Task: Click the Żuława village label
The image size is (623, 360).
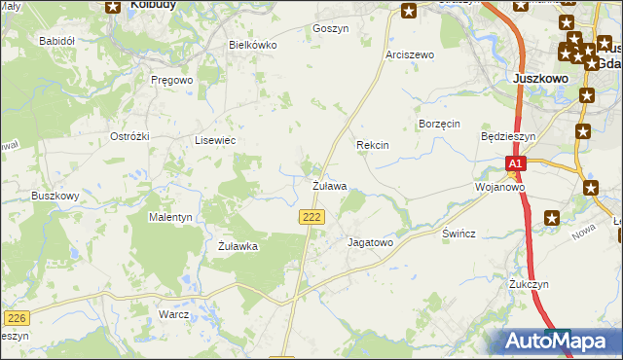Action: tap(329, 185)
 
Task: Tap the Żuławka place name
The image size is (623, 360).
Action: tap(238, 246)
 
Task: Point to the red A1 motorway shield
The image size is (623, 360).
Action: tap(516, 164)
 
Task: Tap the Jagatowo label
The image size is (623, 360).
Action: tap(369, 242)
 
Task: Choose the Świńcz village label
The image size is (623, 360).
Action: tap(458, 235)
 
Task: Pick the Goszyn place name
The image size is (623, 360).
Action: tap(331, 29)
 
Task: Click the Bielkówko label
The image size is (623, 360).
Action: tap(252, 45)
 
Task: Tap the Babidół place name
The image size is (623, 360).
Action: tap(56, 41)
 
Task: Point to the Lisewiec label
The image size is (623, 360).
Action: tap(216, 140)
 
